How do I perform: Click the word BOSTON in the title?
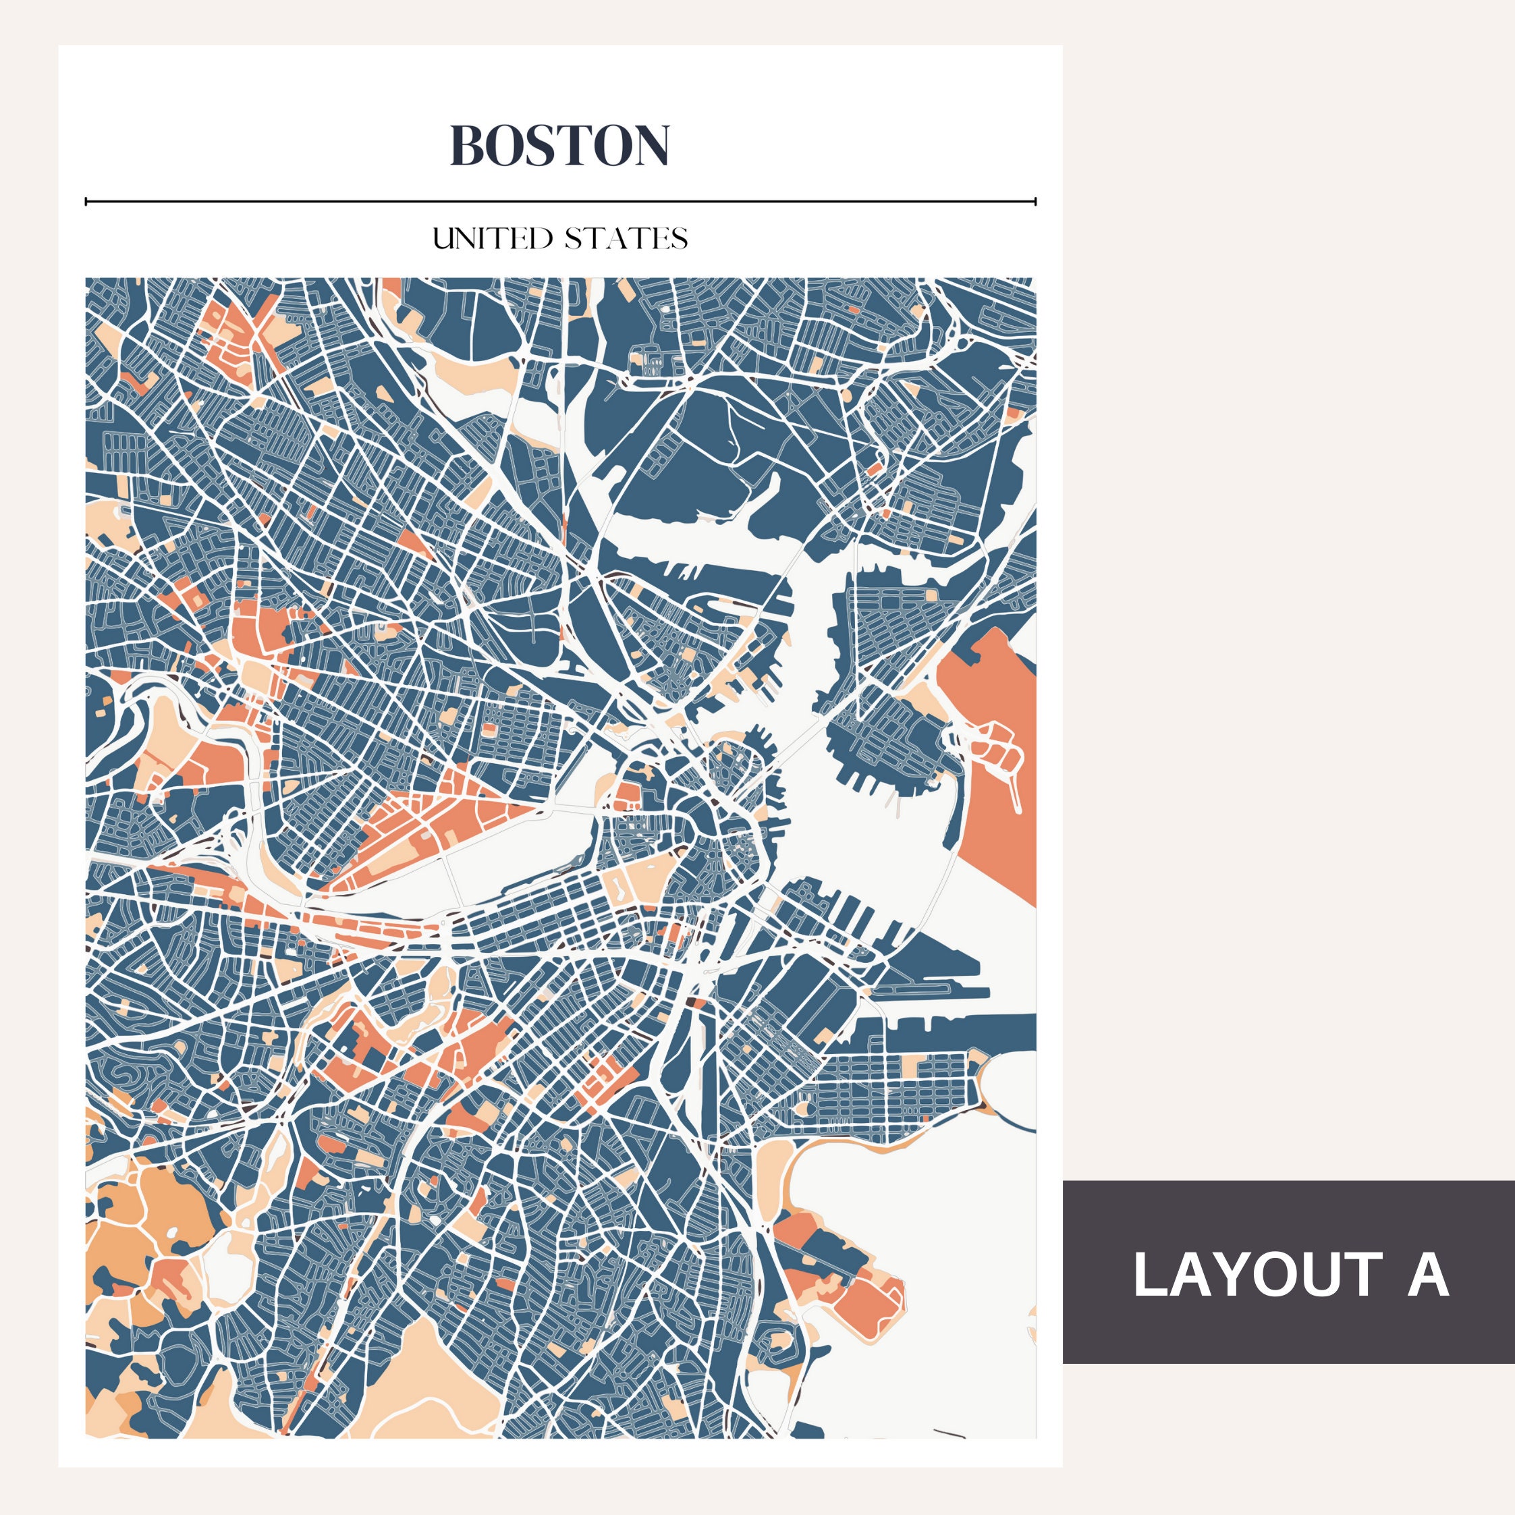(559, 145)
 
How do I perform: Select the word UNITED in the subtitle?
(493, 238)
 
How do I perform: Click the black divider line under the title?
(560, 202)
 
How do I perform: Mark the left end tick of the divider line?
(86, 202)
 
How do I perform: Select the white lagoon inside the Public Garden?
(617, 887)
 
